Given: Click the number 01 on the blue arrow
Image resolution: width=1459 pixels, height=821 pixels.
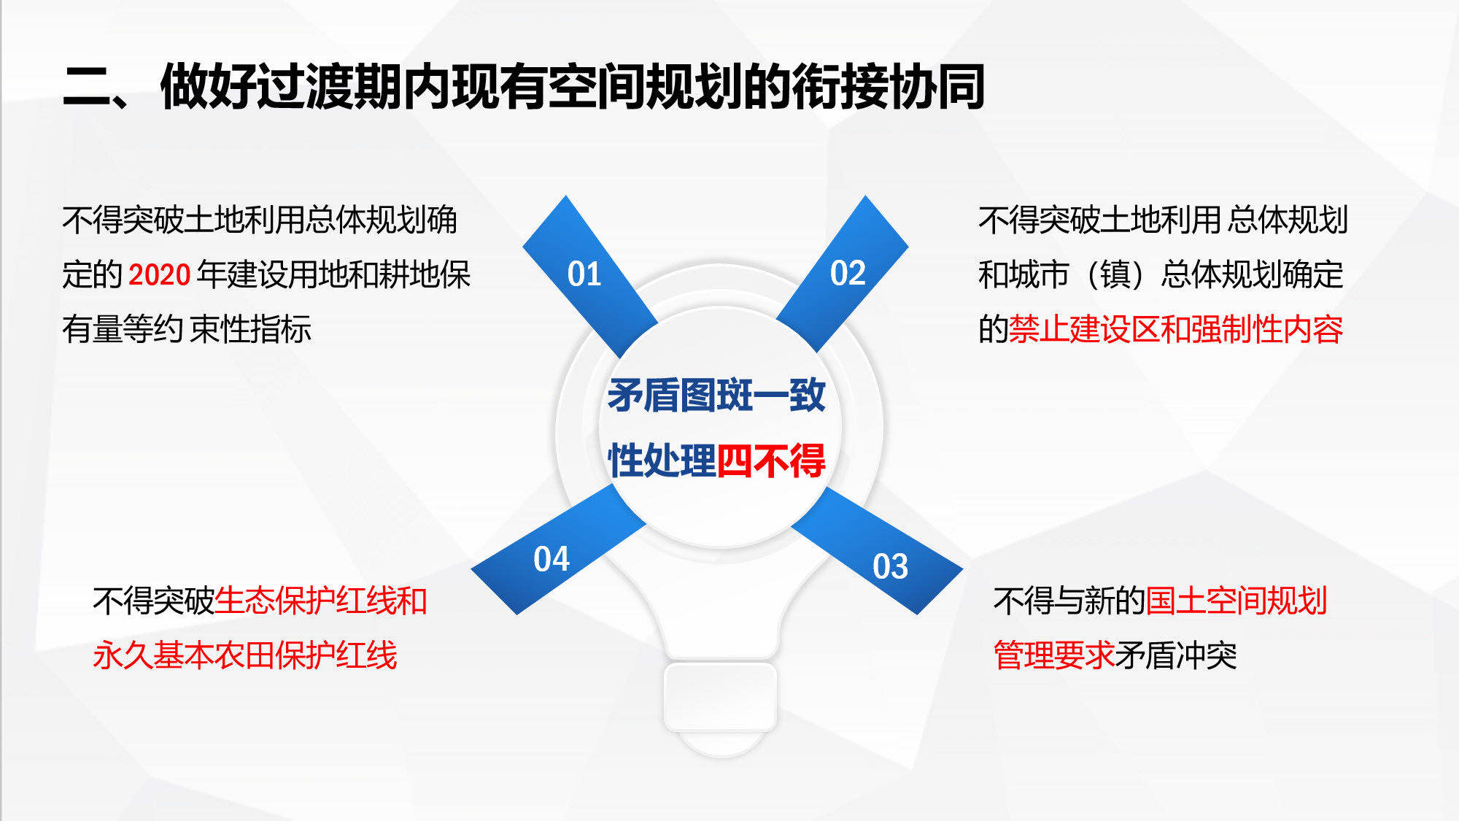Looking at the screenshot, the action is pos(584,274).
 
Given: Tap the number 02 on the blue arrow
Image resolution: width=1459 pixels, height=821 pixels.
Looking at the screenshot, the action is pos(848,273).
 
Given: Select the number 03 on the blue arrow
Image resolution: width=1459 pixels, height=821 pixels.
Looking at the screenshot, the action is pos(890,566).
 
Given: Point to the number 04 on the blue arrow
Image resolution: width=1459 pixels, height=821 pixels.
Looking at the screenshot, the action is pos(551,559).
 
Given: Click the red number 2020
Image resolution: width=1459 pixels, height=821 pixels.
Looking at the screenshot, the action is pos(159,275).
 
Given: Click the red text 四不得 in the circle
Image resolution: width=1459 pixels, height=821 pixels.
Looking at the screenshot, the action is pos(771,460).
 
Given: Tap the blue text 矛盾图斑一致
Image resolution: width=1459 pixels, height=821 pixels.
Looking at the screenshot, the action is pos(716,396).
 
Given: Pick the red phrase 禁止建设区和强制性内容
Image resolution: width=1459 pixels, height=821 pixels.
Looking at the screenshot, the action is pos(1176,329).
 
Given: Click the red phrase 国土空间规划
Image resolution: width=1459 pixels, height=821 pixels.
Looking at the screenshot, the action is pos(1236,601).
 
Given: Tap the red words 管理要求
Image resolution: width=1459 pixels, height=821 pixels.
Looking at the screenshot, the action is pos(1053,655).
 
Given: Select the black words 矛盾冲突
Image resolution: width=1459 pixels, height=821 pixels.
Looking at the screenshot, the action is pos(1175,655).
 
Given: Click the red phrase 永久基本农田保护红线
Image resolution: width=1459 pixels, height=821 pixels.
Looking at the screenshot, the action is pos(245,655).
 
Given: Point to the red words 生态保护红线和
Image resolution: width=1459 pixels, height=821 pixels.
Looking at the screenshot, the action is pos(321,601).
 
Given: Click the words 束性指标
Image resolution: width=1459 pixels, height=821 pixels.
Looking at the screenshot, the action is pos(251,329).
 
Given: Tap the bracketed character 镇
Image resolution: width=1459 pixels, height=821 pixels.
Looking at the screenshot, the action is pos(1115,275).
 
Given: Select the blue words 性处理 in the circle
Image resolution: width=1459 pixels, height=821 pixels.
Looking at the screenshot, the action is pos(662,460).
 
